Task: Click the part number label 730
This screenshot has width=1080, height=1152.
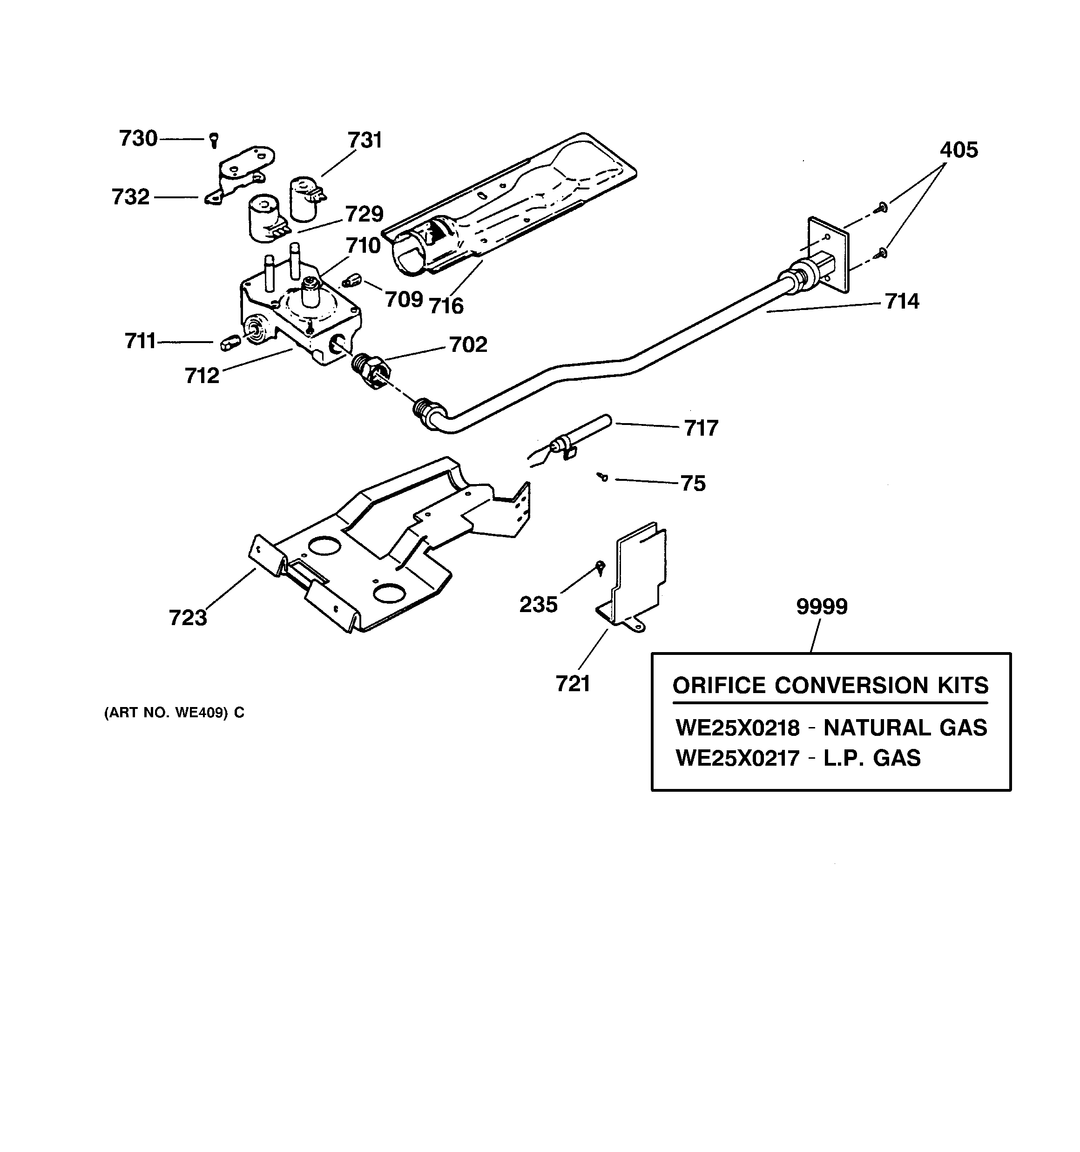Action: coord(138,139)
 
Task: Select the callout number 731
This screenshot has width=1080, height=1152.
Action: coord(364,141)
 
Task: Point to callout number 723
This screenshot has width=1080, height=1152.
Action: coord(188,618)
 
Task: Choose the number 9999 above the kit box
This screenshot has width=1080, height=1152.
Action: coord(822,606)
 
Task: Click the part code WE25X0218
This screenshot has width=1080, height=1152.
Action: coord(737,728)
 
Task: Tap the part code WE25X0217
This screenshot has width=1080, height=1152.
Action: coord(737,758)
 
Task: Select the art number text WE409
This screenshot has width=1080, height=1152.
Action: coord(201,713)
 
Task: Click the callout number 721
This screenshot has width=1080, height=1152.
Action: coord(573,684)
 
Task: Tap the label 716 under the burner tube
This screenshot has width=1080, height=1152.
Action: coord(446,305)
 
